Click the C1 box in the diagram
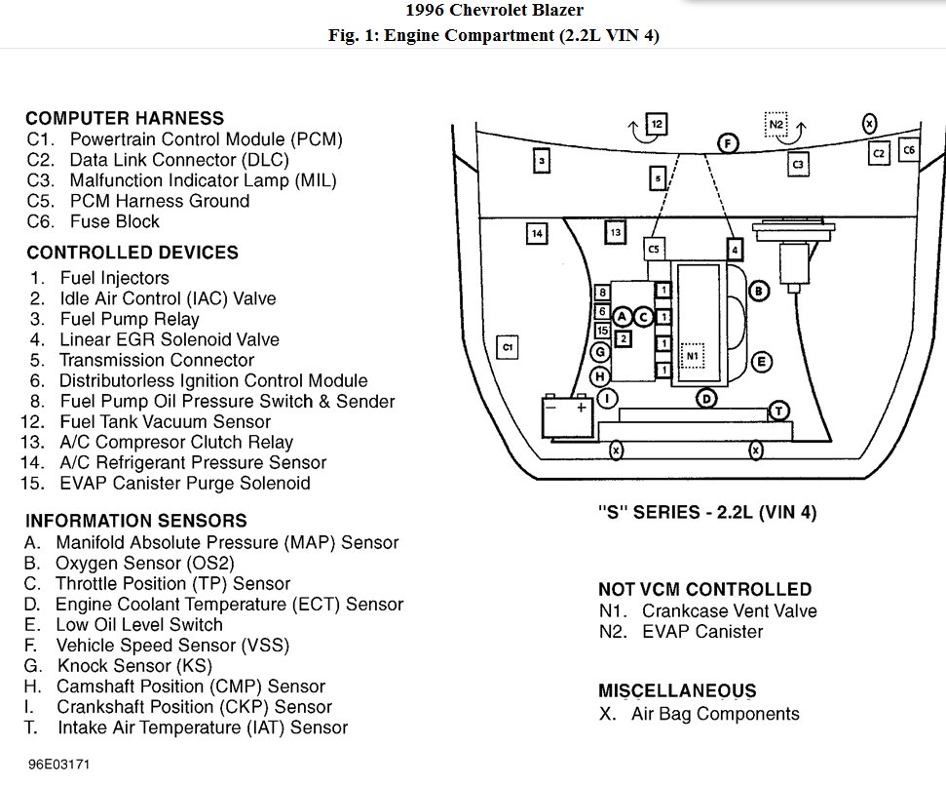(507, 346)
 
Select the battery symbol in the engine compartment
(568, 415)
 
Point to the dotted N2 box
(776, 124)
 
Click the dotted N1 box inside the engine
(692, 355)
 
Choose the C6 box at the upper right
(908, 150)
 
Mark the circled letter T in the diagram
(778, 411)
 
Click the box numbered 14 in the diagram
(536, 233)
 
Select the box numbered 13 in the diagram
(615, 233)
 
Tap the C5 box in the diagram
(654, 249)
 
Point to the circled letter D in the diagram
(707, 398)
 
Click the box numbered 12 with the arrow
(657, 124)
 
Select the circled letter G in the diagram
(601, 352)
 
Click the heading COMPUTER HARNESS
(125, 119)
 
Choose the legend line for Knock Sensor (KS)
(133, 666)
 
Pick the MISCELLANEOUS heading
(677, 691)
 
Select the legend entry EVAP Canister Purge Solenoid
(184, 483)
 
